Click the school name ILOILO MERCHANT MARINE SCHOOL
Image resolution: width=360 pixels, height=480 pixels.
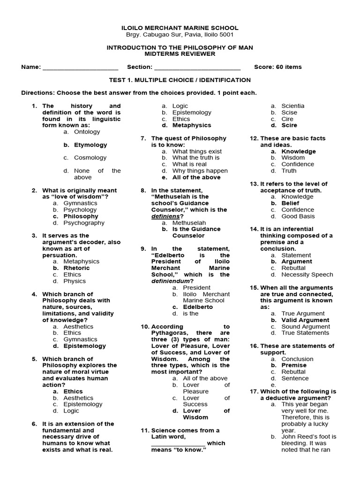pos(180,28)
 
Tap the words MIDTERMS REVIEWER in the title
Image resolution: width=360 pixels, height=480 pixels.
pos(180,54)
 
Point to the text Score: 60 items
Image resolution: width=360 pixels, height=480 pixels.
pos(277,67)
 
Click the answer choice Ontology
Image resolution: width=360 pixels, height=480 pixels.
pos(87,132)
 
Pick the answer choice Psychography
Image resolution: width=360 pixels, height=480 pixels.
pos(84,223)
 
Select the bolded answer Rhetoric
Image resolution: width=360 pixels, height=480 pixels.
pos(76,268)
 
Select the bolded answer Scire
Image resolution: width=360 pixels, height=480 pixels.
pos(289,126)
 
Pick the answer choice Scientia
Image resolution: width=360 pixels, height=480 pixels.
pos(292,106)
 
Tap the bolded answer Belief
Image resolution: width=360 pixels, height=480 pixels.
pos(290,203)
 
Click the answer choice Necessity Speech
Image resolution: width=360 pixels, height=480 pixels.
pos(307,275)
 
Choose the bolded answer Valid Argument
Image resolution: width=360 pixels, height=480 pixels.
pos(305,320)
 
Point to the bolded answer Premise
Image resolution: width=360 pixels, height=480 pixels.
pos(294,365)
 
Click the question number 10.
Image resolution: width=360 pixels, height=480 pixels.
pos(145,327)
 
